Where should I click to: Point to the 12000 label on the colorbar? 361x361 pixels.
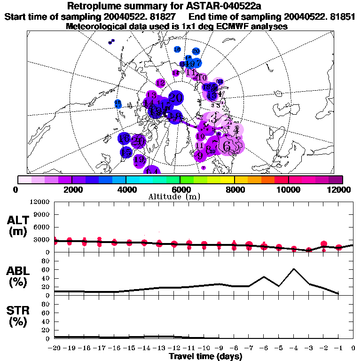pyautogui.click(x=341, y=189)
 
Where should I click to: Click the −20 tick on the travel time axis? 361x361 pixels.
pyautogui.click(x=54, y=348)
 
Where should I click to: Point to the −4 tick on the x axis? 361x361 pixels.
pyautogui.click(x=293, y=348)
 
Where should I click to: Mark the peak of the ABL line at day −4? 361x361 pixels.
pyautogui.click(x=294, y=269)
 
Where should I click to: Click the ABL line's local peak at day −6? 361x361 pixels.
pyautogui.click(x=264, y=277)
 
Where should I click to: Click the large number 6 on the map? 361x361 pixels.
pyautogui.click(x=227, y=146)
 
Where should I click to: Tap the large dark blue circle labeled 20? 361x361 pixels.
pyautogui.click(x=176, y=98)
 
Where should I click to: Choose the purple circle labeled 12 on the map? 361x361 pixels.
pyautogui.click(x=160, y=83)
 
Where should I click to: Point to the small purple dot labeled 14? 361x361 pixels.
pyautogui.click(x=176, y=73)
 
